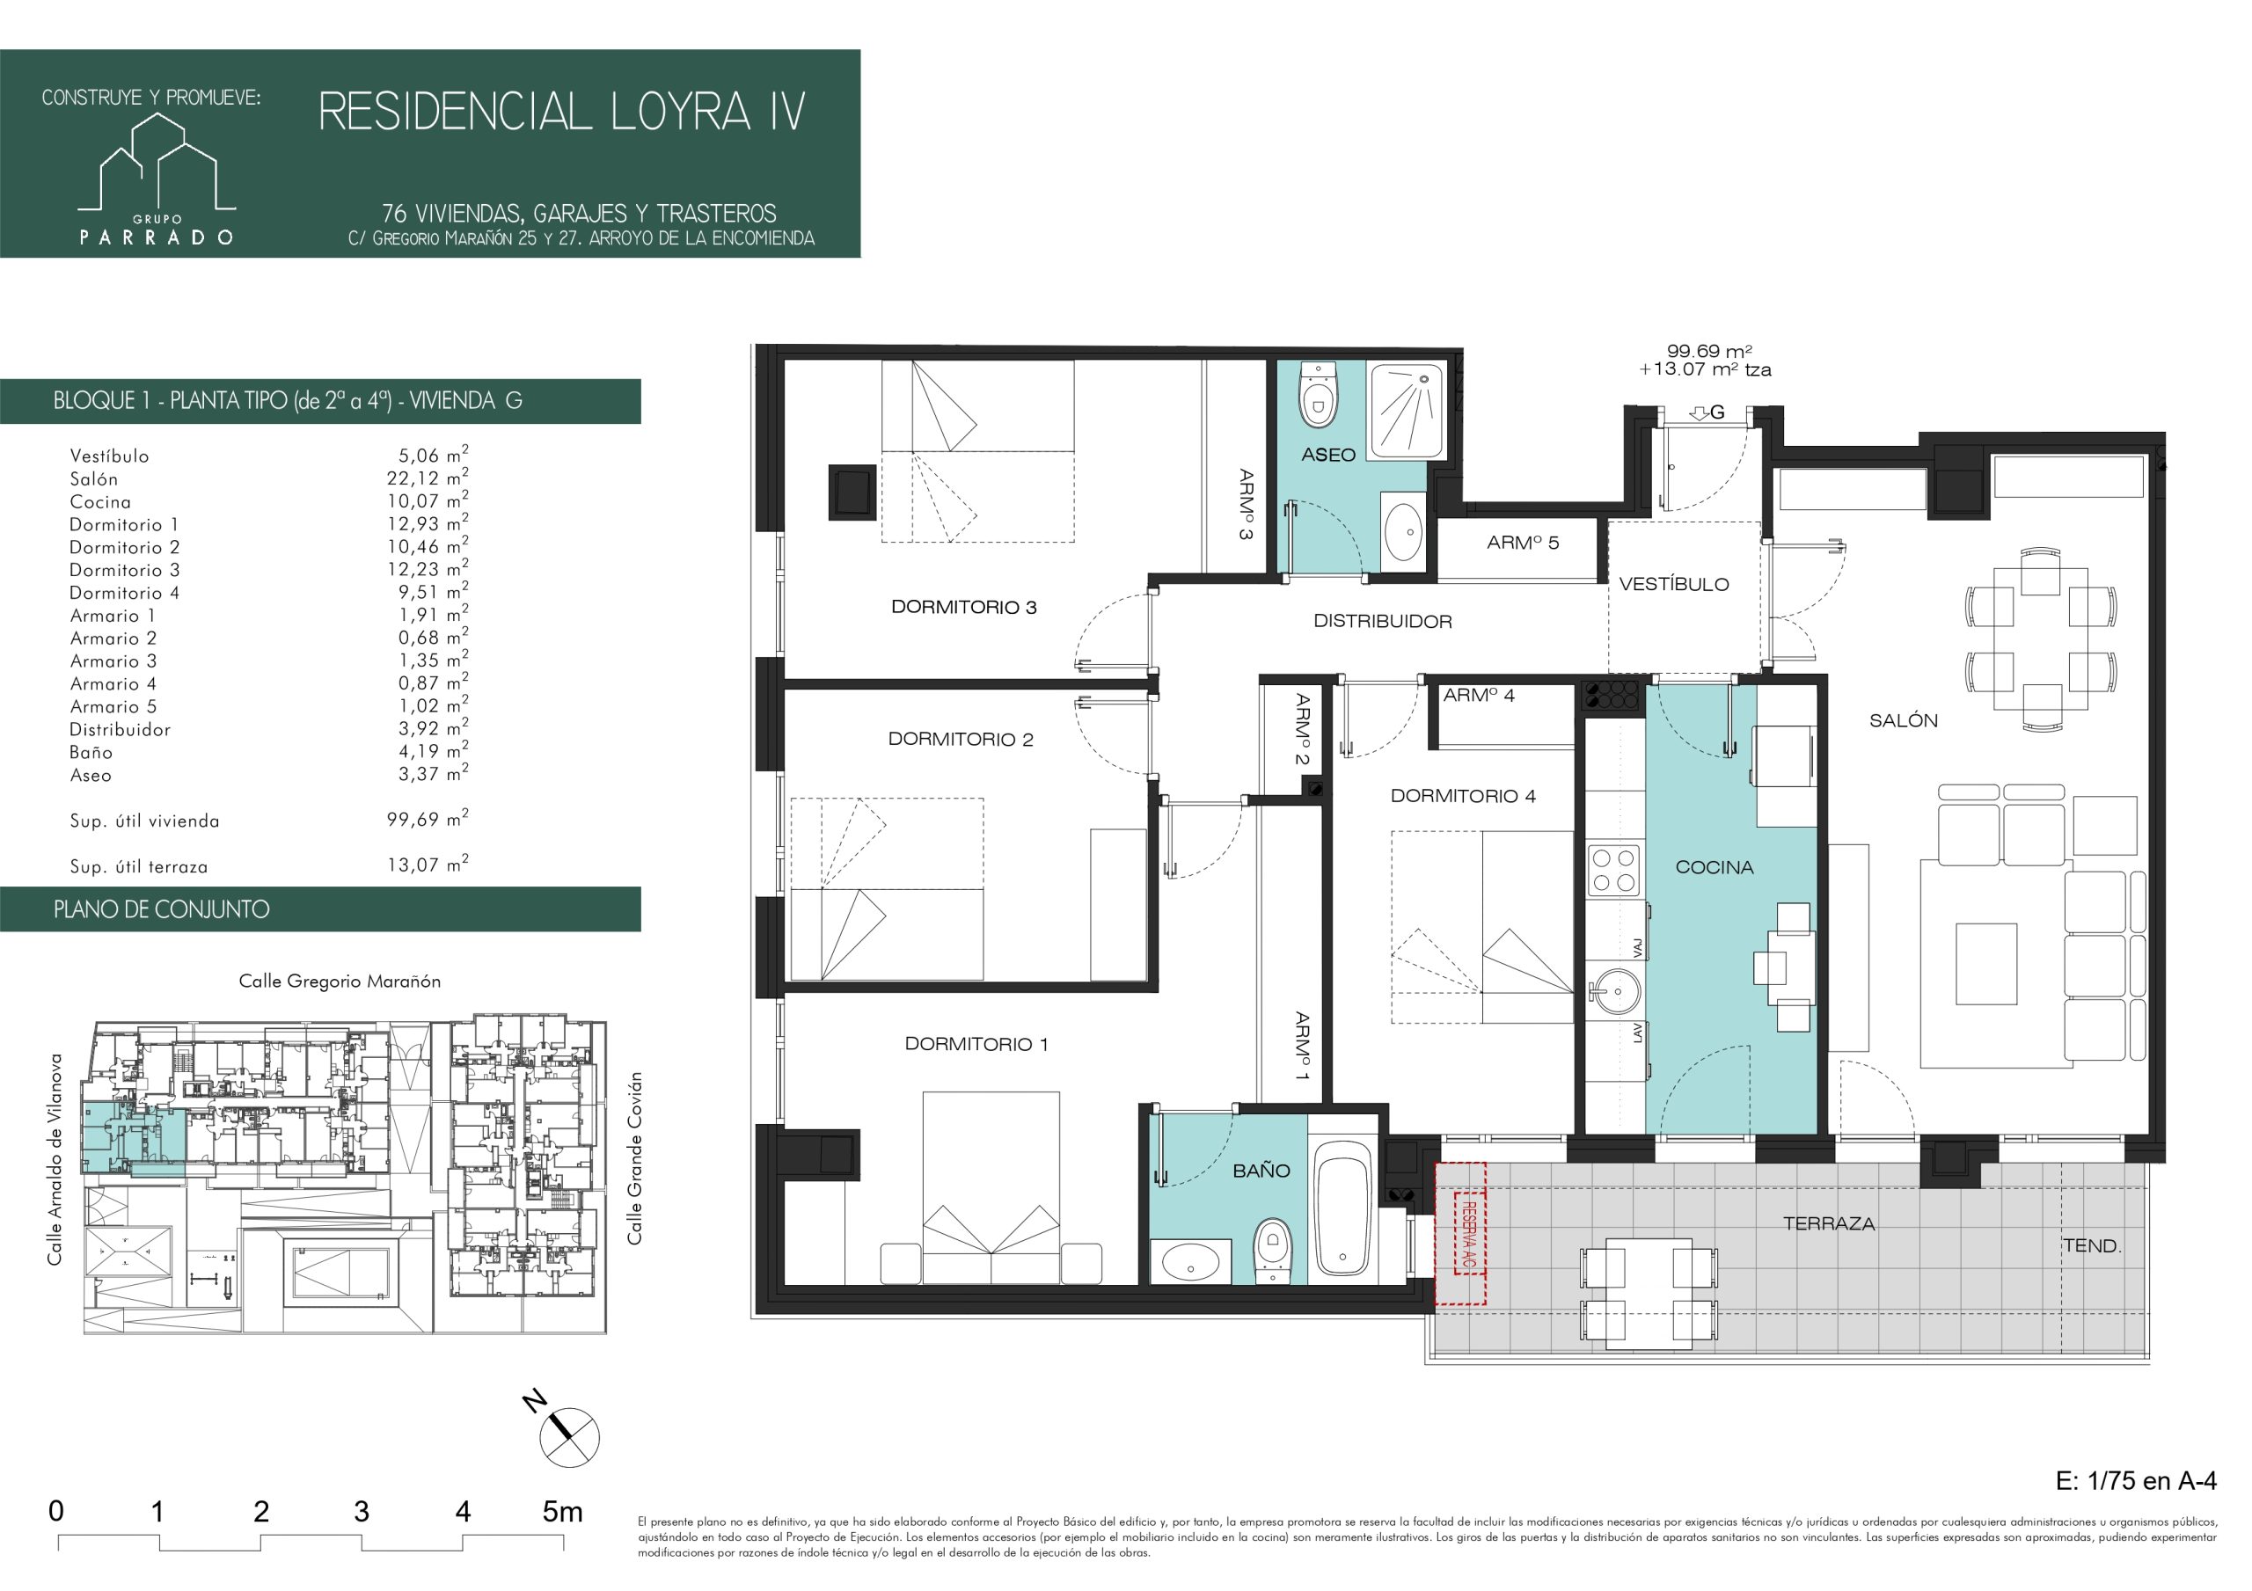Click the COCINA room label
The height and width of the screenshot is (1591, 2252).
click(1715, 867)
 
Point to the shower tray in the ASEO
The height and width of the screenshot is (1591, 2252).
click(1407, 410)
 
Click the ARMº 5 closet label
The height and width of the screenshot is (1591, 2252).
click(1522, 543)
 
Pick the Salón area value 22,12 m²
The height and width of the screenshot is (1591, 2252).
click(428, 478)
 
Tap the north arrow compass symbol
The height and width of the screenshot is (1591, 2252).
click(566, 1434)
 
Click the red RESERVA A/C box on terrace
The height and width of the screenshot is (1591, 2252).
click(1460, 1233)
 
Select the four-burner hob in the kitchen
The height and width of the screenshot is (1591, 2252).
click(1613, 870)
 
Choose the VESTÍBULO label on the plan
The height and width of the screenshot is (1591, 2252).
click(1674, 585)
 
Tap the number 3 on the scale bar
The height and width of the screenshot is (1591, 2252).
click(361, 1512)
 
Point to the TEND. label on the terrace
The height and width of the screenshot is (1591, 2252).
click(2092, 1245)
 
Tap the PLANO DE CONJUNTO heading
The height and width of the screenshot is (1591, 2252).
click(162, 909)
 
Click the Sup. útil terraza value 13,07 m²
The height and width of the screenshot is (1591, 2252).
click(428, 865)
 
